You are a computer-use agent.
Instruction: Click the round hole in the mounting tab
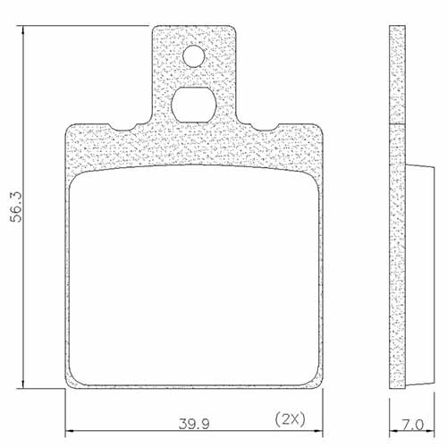tap(195, 58)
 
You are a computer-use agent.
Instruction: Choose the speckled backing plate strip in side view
tap(399, 206)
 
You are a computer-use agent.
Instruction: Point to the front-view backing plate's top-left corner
tap(69, 128)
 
